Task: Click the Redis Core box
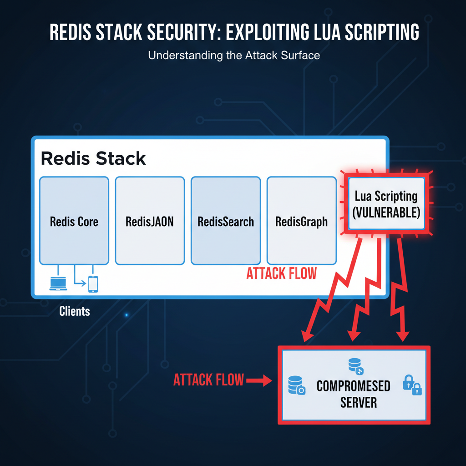point(74,221)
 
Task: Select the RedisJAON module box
point(150,221)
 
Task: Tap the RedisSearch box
point(226,221)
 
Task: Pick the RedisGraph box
point(301,221)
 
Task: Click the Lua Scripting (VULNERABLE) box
point(386,204)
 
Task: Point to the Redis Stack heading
point(93,158)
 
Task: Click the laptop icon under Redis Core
point(58,283)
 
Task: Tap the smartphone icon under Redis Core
point(93,284)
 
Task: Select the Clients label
point(75,312)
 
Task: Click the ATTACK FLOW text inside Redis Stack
point(281,274)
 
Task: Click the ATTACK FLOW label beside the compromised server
point(208,380)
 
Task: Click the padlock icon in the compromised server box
point(412,385)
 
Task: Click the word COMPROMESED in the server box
point(353,386)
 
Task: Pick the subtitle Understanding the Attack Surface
point(234,56)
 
